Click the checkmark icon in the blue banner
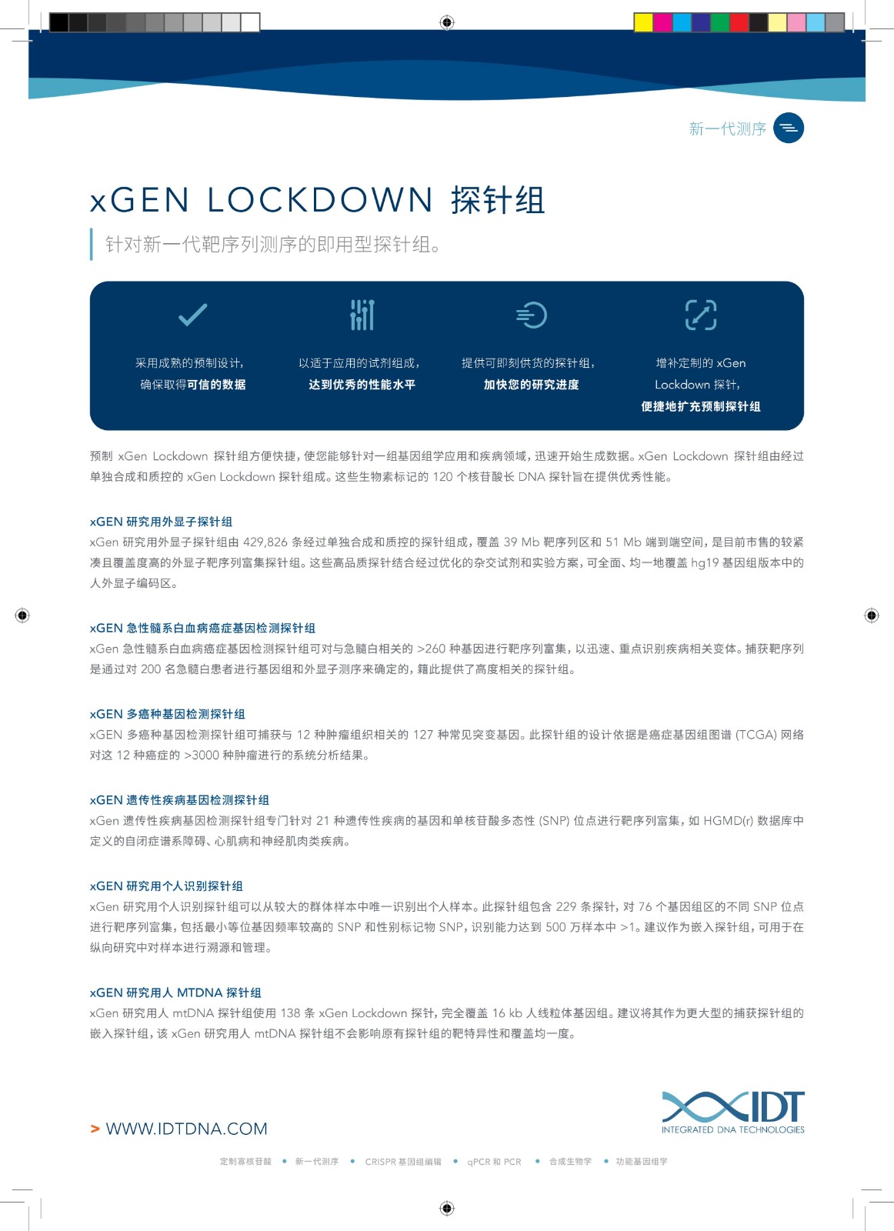click(192, 315)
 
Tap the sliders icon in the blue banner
click(362, 315)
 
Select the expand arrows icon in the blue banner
click(700, 315)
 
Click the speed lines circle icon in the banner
click(531, 315)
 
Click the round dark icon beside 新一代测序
click(788, 128)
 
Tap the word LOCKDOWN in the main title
click(320, 201)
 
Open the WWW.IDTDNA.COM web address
click(186, 1129)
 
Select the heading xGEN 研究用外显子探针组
click(161, 522)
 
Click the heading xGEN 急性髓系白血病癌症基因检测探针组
click(202, 628)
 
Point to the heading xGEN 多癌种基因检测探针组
click(168, 714)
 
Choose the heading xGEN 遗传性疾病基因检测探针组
click(179, 800)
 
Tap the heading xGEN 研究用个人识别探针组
click(166, 886)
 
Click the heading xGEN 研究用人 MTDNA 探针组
click(175, 992)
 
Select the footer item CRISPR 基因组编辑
click(403, 1162)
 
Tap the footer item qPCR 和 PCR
click(494, 1162)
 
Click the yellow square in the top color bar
click(643, 22)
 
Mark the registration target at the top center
click(447, 22)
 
